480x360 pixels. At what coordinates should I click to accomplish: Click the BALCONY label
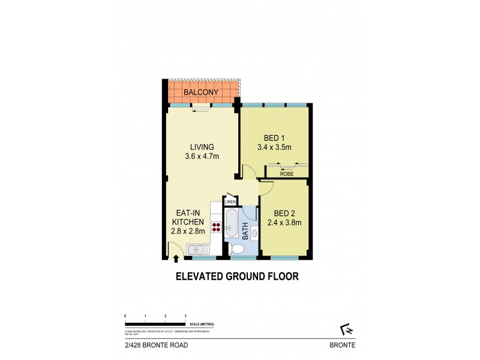coord(200,93)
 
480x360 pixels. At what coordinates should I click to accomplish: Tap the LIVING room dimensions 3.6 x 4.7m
coord(202,158)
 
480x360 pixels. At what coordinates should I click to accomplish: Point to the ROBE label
coord(287,173)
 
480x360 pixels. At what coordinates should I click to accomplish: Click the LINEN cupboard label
coord(231,202)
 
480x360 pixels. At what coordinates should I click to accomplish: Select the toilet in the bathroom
coord(237,249)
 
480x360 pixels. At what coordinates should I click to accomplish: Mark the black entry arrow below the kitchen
coord(176,259)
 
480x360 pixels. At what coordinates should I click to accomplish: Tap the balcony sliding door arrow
coord(202,110)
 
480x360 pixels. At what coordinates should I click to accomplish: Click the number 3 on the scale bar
coord(185,316)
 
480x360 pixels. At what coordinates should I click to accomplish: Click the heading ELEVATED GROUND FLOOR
coord(236,277)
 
